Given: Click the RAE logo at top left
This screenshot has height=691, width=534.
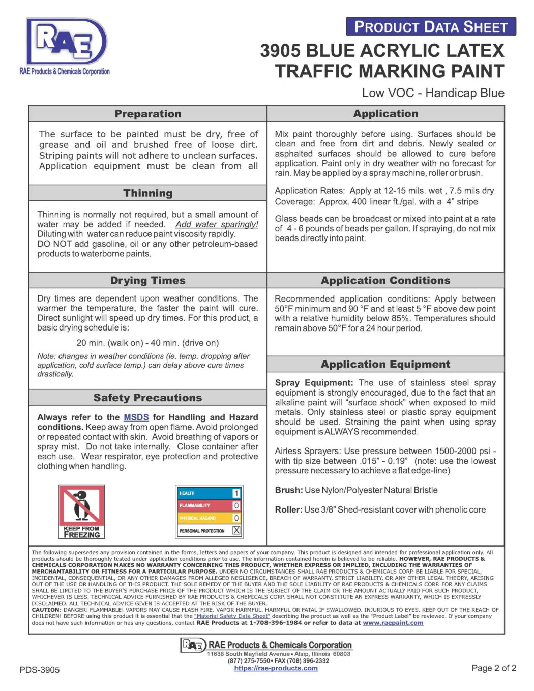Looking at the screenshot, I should pos(65,46).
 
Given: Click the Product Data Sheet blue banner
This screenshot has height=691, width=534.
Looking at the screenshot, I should pos(431,26).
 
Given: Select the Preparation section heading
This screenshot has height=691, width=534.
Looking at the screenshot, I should pos(147,114).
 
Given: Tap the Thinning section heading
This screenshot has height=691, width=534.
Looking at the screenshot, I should pos(147,193).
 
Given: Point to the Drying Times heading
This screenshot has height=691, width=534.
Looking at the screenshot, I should pos(147,281).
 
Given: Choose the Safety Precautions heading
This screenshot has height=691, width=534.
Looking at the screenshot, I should pos(147,398).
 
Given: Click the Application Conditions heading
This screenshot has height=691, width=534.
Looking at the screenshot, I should pos(385,281).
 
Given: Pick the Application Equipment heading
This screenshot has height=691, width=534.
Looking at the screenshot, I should pos(385,364).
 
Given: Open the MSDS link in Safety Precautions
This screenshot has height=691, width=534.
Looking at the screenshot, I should pos(136,417).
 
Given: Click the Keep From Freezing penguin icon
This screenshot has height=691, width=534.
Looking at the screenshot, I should pos(81,510).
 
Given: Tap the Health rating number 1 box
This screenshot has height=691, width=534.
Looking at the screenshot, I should pos(236,493).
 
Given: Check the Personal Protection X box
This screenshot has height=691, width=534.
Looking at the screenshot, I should pos(236,530).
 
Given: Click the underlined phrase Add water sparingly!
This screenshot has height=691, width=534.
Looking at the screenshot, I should pos(217,224).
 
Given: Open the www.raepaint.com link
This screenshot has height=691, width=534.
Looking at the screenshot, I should pos(393,623).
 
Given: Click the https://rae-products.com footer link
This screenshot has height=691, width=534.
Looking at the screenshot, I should pos(276,668).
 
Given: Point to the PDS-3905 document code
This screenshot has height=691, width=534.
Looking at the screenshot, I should pos(40,670).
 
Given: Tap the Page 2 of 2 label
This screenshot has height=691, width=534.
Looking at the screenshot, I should pos(493,668).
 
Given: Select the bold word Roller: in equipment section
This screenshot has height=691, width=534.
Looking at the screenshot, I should pos(288,509).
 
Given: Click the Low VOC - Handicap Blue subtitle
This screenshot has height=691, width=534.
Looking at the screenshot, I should pos(433,93).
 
